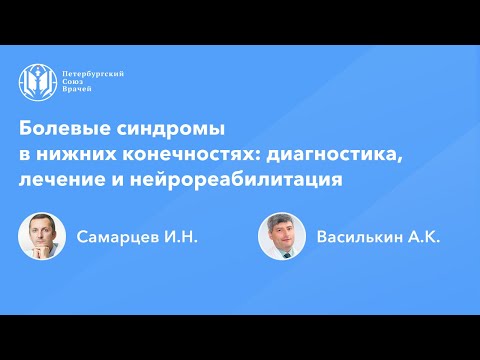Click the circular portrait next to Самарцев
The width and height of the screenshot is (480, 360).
42,237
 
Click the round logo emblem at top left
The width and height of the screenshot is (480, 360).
37,82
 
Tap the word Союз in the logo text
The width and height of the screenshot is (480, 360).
74,82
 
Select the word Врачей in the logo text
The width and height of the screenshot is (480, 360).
79,91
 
